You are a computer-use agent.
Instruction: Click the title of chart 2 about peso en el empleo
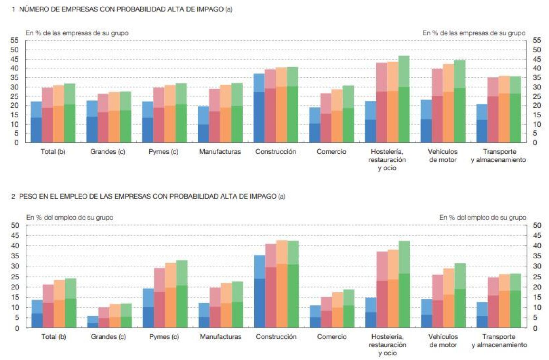point(148,196)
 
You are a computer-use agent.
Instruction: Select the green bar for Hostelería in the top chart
point(404,100)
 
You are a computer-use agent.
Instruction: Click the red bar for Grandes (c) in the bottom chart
point(104,318)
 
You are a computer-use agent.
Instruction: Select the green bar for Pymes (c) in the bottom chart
point(181,295)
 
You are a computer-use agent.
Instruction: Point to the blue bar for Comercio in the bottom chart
point(315,317)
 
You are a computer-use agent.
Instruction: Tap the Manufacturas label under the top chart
point(220,152)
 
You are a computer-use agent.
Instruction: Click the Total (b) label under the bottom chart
point(53,337)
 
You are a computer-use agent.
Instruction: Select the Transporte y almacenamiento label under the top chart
point(498,156)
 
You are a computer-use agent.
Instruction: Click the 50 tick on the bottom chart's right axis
point(537,225)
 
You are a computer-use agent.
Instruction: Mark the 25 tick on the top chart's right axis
point(537,96)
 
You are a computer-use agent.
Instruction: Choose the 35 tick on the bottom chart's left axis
point(15,256)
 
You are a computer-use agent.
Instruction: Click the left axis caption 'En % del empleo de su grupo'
point(70,217)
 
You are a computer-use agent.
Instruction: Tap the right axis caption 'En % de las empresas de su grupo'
point(474,33)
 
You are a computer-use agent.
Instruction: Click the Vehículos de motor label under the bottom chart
point(443,341)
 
